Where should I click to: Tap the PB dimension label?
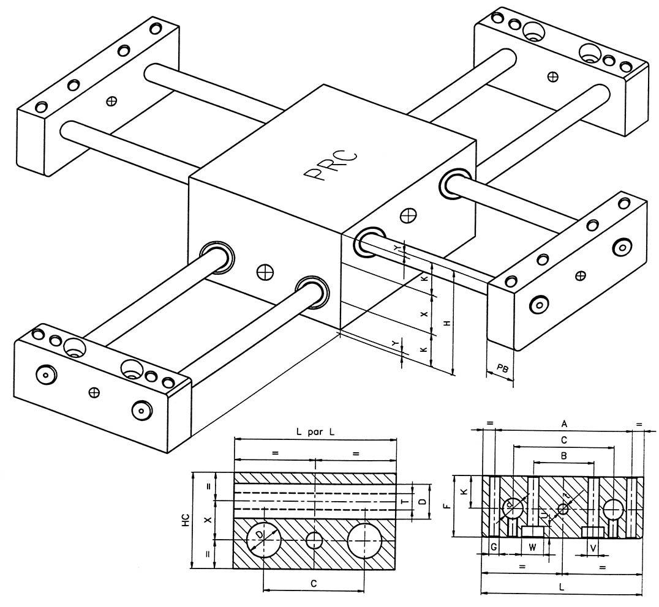502,368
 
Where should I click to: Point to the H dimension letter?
447,322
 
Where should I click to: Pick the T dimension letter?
402,501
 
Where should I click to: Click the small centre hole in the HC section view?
314,540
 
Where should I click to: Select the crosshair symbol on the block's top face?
407,215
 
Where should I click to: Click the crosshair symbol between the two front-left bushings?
265,270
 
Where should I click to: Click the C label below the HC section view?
313,584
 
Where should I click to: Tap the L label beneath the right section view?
562,586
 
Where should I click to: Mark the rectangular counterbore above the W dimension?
534,530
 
